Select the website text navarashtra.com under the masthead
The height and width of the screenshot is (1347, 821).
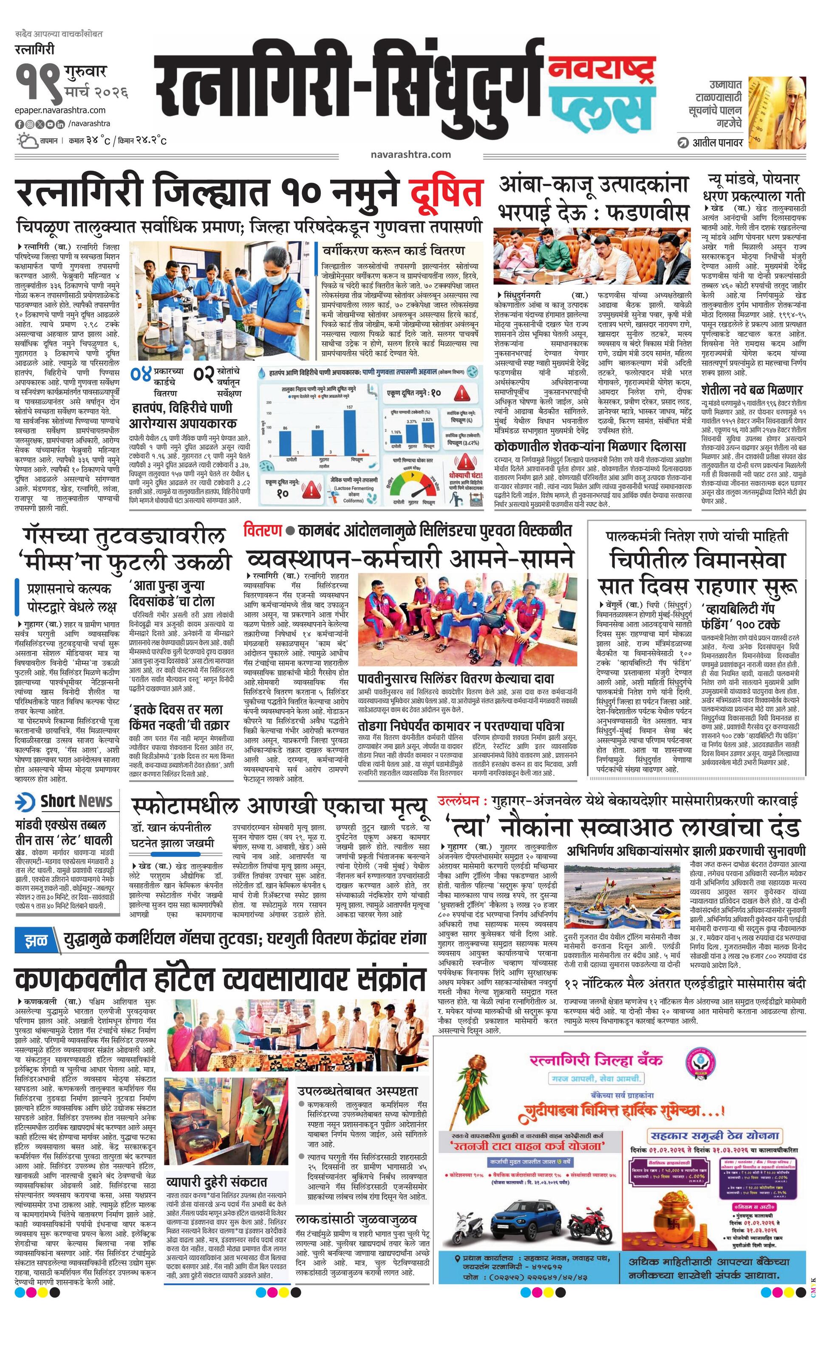click(x=410, y=154)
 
